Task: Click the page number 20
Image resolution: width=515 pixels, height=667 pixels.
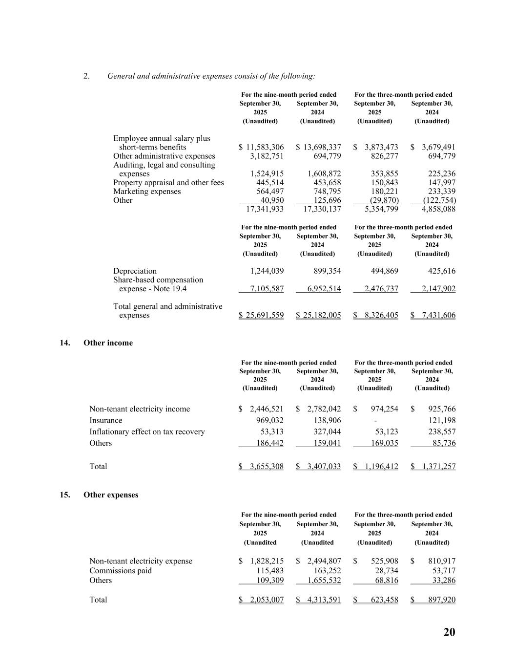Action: coord(449,632)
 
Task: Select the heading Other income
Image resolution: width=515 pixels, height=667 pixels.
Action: coord(108,343)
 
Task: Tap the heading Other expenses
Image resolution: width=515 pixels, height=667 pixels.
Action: coord(111,495)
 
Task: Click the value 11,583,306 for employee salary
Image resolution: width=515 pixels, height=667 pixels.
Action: coord(265,147)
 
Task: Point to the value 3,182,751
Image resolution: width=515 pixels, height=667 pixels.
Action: coord(267,156)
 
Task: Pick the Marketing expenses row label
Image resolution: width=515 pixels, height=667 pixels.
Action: coord(147,192)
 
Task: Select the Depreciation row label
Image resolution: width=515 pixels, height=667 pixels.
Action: coord(135,271)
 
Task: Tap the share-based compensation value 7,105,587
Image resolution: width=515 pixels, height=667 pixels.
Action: coord(267,289)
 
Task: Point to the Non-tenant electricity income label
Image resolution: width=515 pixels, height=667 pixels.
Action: coord(140,409)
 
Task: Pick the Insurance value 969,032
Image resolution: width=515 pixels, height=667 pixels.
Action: coord(269,421)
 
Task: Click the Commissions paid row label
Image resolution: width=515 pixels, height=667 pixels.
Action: coord(121,571)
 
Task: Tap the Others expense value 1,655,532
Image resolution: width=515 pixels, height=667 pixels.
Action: coord(324,581)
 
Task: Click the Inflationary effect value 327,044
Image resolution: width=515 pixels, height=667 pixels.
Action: coord(327,432)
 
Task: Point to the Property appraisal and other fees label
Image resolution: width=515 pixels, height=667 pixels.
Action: coord(168,183)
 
